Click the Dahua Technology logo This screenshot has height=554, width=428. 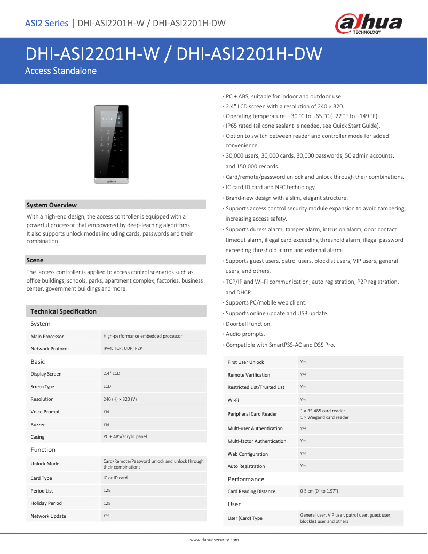coord(368,24)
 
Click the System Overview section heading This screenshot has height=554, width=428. coord(52,205)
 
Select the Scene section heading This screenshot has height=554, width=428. coord(35,260)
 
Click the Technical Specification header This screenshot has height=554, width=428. coord(64,311)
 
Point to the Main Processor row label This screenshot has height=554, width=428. coord(47,337)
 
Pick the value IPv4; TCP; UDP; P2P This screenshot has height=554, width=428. coord(123,348)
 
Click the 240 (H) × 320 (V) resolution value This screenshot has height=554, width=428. coord(120,399)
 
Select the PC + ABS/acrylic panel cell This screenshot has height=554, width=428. coord(125,436)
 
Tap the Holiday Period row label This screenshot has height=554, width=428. coord(46,503)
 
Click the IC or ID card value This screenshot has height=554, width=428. coord(115,478)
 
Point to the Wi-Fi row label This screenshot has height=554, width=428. coord(233,400)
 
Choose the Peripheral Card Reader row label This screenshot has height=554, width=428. coord(252,414)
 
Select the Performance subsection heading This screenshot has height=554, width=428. coord(246,479)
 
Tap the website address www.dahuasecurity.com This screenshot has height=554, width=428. coord(214,540)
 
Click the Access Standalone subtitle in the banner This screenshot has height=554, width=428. coord(61,71)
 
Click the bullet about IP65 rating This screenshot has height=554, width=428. coord(303,126)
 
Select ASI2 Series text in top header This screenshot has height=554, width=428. coord(47,23)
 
